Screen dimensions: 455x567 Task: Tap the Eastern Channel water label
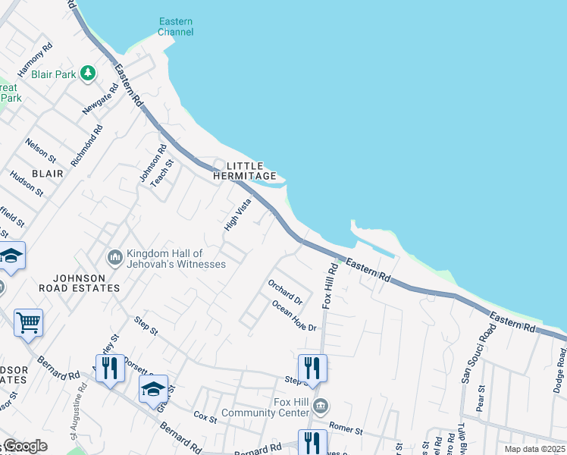[176, 27]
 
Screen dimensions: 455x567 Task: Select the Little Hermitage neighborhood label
[245, 171]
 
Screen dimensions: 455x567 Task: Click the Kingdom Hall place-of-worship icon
[115, 258]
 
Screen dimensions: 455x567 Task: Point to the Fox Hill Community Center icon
[321, 407]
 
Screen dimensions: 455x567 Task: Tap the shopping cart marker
[28, 323]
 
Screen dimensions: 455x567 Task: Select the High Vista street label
[237, 215]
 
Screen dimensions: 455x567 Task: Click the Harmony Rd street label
[35, 59]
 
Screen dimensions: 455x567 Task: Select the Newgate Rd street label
[101, 99]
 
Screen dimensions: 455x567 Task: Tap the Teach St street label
[161, 174]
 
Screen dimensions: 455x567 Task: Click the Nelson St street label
[40, 150]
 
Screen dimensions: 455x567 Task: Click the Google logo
[24, 446]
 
